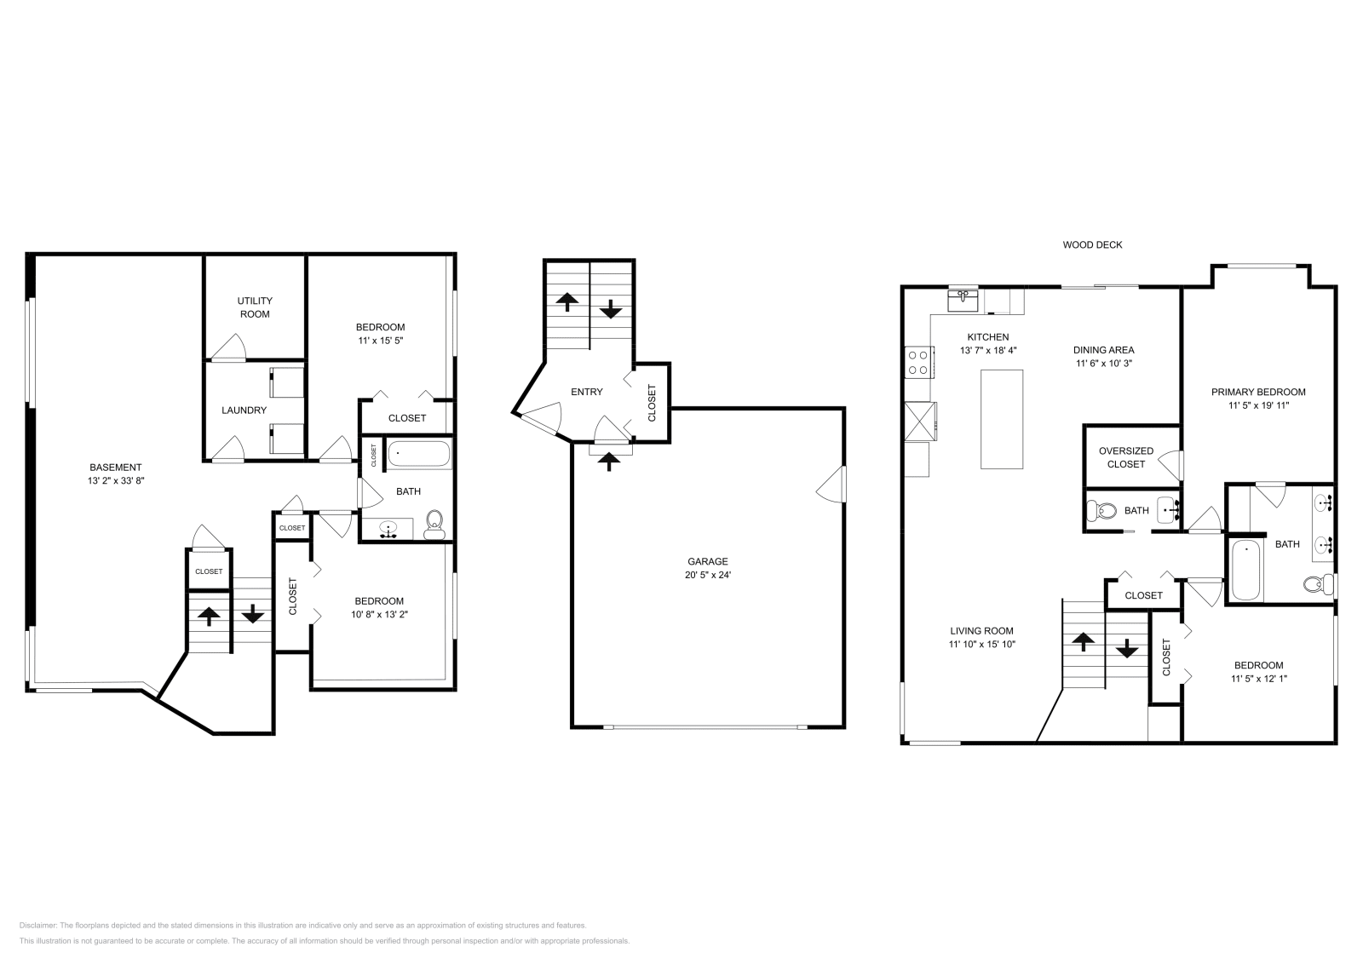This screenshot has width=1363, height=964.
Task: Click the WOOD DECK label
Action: click(x=1092, y=245)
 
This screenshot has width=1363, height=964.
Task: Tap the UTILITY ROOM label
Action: click(x=255, y=307)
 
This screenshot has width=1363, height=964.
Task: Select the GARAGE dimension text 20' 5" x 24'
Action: click(x=708, y=575)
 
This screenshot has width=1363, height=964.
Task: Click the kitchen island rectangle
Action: click(x=1002, y=418)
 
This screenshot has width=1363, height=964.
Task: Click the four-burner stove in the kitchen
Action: click(x=918, y=363)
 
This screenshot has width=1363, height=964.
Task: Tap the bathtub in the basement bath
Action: click(x=418, y=454)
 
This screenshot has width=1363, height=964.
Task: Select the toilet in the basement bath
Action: click(x=434, y=524)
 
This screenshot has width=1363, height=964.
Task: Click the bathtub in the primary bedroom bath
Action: click(x=1245, y=570)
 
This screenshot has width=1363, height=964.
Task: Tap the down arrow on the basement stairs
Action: click(x=252, y=612)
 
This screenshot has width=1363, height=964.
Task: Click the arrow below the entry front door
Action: click(x=609, y=462)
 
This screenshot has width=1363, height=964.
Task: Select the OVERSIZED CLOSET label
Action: click(x=1125, y=457)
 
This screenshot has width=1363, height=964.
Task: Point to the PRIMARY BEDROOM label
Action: click(x=1258, y=393)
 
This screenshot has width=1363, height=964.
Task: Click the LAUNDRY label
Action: click(x=244, y=410)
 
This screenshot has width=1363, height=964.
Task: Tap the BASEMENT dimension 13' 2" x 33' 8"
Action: click(x=116, y=480)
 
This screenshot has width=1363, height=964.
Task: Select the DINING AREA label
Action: click(x=1103, y=350)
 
